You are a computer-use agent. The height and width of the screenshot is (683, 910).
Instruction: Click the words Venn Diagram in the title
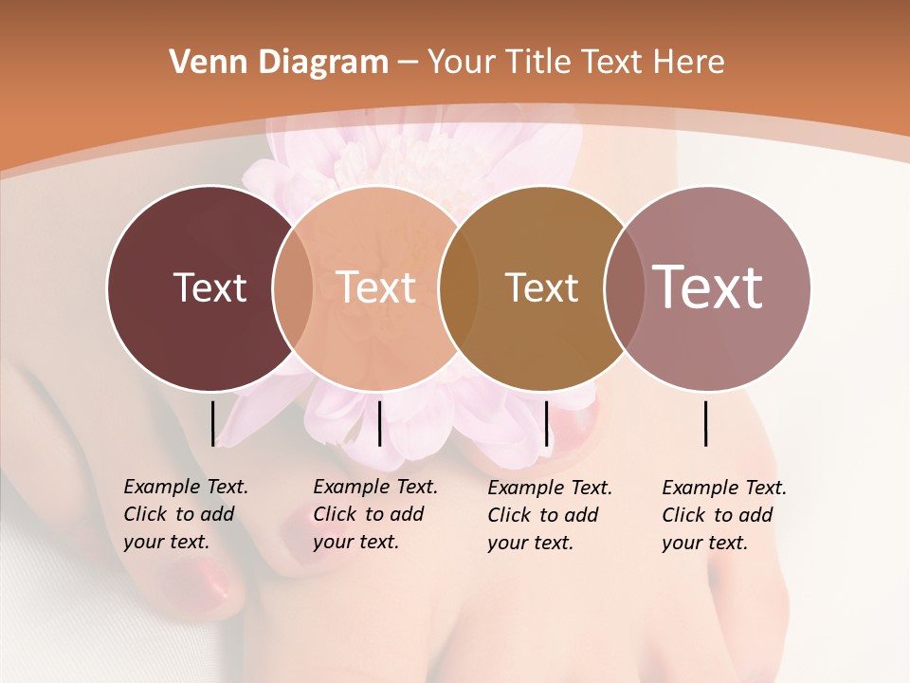click(279, 63)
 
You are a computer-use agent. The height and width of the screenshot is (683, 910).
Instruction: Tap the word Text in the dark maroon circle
click(209, 287)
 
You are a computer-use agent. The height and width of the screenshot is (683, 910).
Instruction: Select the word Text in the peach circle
click(376, 287)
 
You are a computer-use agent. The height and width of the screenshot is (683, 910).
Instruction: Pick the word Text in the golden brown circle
click(541, 288)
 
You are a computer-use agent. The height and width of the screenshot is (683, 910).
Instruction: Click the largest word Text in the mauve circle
click(708, 286)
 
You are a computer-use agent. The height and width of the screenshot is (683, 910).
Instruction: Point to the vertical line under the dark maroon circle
click(212, 423)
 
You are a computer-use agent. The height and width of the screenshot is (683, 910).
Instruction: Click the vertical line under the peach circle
click(379, 423)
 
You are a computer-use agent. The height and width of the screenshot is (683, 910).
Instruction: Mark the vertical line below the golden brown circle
click(546, 423)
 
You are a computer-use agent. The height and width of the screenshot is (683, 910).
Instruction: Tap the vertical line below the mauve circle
click(706, 423)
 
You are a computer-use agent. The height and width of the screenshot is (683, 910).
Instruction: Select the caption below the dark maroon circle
click(185, 514)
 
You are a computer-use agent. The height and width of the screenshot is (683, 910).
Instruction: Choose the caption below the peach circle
click(374, 514)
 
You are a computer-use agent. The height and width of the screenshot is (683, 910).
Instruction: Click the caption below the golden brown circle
click(549, 515)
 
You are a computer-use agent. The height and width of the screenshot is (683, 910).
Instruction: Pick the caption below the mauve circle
click(723, 515)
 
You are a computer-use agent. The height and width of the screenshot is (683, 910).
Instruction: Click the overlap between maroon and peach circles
click(293, 288)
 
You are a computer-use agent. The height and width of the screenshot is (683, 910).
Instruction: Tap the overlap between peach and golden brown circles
click(459, 288)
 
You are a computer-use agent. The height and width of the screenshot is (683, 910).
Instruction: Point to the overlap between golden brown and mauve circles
click(624, 288)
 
